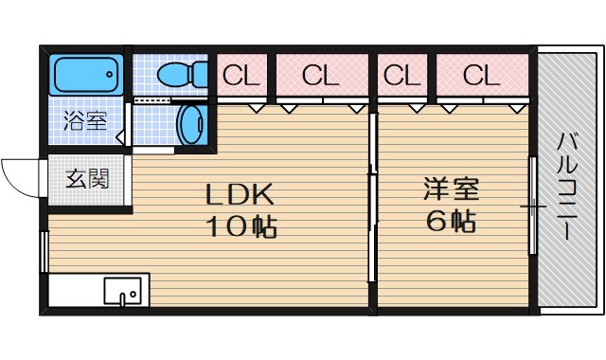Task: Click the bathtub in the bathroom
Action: click(x=85, y=74)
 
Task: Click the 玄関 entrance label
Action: click(x=86, y=178)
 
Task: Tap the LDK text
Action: click(x=241, y=196)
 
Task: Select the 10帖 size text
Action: click(x=241, y=226)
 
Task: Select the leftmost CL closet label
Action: click(x=241, y=74)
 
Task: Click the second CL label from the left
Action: click(x=320, y=74)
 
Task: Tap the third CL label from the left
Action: click(x=401, y=74)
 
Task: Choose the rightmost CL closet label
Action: click(x=481, y=74)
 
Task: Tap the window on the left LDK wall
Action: click(x=44, y=250)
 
